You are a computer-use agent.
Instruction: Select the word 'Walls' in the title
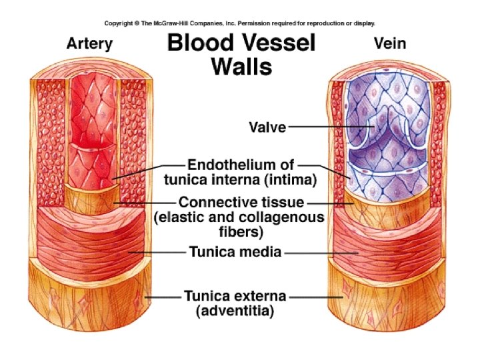point(241,67)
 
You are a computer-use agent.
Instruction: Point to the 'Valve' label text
point(267,126)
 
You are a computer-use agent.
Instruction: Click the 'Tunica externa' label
point(235,295)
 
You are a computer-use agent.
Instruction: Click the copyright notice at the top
point(239,22)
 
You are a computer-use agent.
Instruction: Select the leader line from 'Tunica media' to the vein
point(320,253)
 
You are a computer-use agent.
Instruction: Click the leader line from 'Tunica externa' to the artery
point(163,296)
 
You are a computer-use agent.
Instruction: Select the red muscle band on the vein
point(373,247)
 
